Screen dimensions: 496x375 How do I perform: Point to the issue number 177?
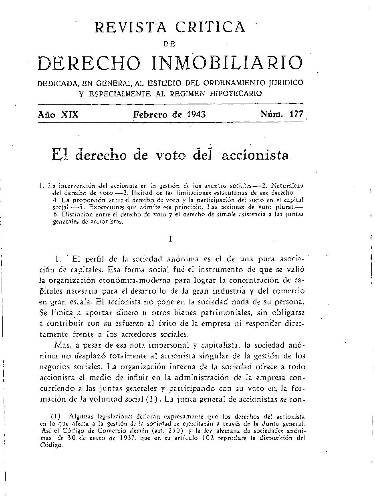296,114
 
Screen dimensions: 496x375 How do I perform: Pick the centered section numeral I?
171,239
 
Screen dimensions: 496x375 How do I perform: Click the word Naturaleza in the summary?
287,186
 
